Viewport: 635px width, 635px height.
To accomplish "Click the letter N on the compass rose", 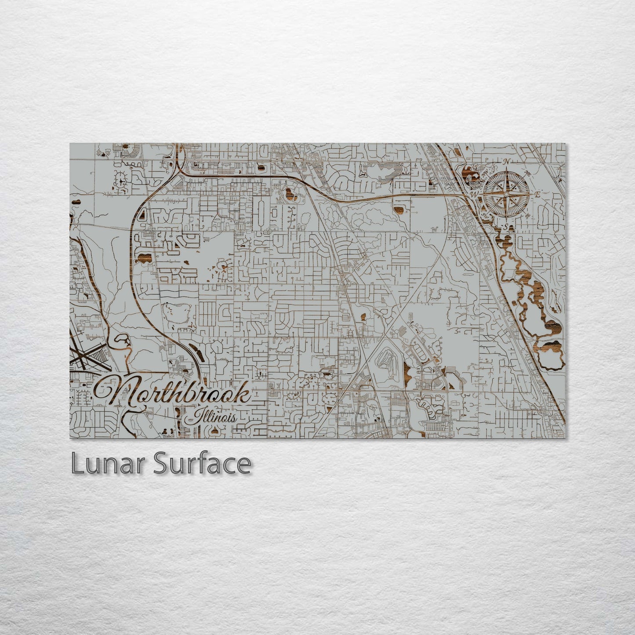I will (506, 162).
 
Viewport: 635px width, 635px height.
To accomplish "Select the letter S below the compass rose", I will (506, 227).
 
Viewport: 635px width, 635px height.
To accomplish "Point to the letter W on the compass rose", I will (474, 194).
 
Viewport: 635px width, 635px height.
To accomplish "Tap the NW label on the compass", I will (485, 174).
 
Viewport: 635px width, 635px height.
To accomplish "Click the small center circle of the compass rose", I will (506, 194).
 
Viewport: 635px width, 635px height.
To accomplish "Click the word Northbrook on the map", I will (174, 393).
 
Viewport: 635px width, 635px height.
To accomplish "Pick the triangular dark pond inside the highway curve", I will (142, 216).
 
